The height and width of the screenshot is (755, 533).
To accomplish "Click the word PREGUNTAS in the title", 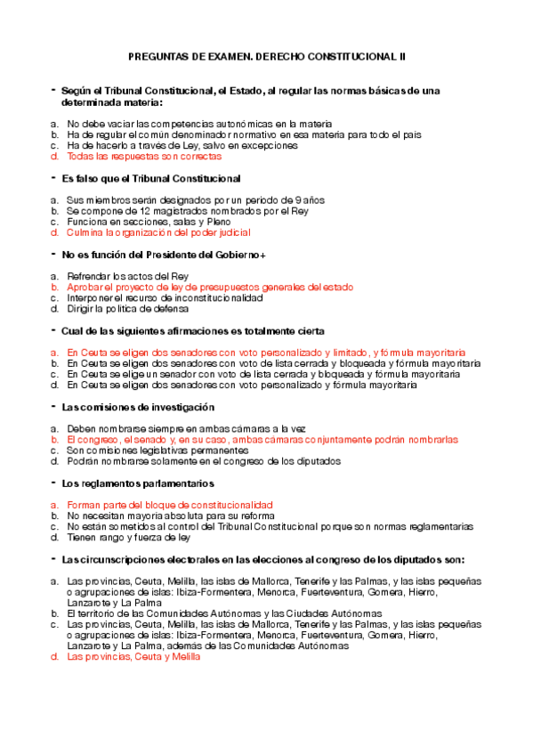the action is pos(157,56).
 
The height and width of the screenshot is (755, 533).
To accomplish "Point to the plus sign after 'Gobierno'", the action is pos(262,255).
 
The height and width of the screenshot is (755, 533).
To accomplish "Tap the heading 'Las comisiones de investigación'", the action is pos(138,407).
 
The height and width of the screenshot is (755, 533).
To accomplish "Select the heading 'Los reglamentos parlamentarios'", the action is pos(137,483).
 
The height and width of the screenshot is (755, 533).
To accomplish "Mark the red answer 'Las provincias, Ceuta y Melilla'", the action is pos(133,657).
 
